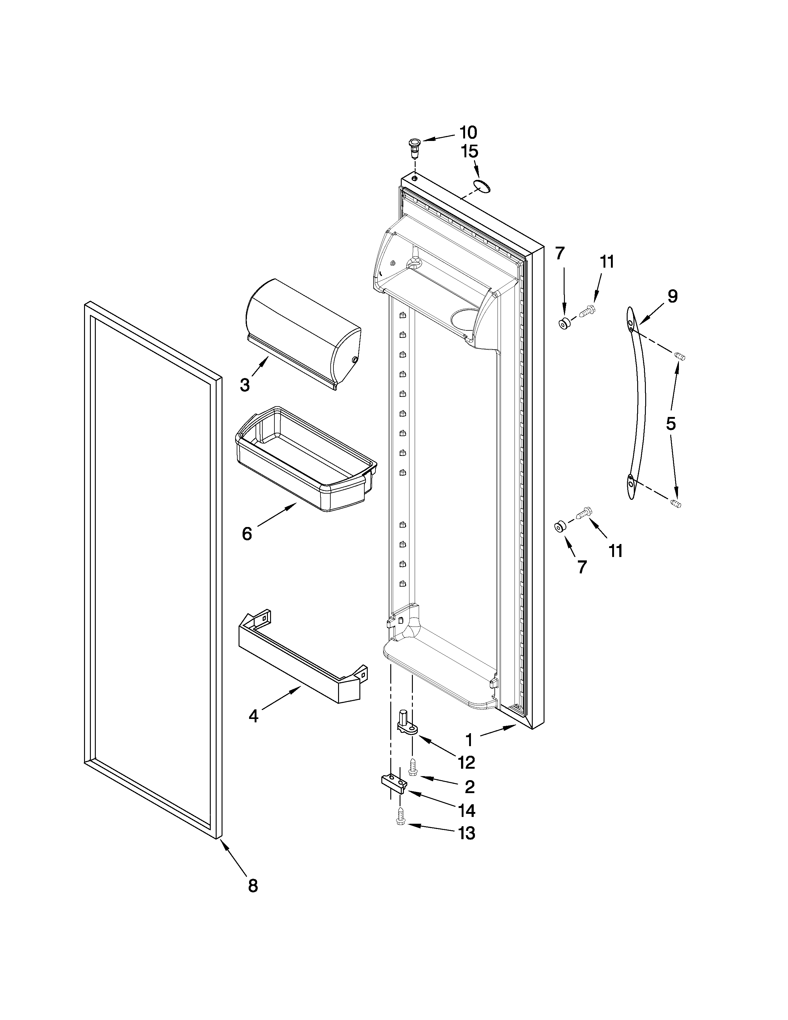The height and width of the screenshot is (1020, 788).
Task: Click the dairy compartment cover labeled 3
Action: (x=303, y=333)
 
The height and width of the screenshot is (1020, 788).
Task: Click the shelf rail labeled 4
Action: (x=301, y=663)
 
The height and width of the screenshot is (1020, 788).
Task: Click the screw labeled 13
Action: (x=400, y=819)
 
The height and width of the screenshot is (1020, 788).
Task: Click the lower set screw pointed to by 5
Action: (x=676, y=504)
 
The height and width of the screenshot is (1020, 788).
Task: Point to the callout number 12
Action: (x=466, y=763)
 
